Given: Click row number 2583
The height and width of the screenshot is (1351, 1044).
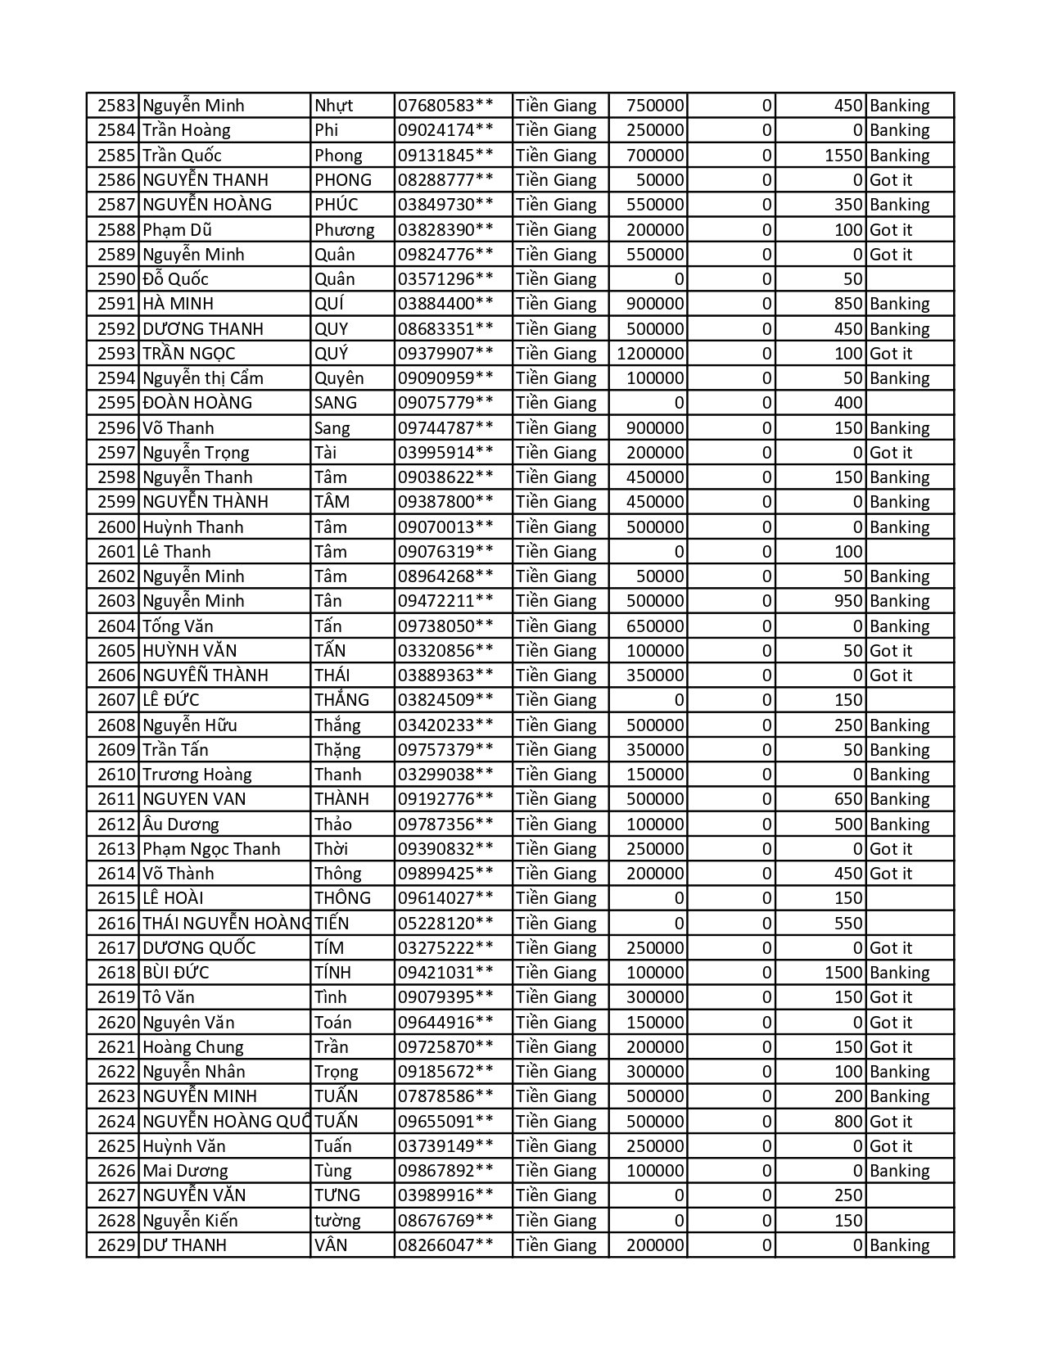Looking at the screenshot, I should tap(115, 106).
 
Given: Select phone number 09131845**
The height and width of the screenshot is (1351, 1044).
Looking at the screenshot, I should tap(445, 156).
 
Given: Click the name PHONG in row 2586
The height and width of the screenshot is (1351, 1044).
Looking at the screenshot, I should tap(342, 180).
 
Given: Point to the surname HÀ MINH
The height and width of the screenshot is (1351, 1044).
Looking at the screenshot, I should tap(178, 304).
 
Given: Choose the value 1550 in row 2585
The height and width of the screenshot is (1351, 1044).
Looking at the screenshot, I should tap(843, 156).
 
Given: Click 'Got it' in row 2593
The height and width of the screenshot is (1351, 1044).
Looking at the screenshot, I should tap(890, 354).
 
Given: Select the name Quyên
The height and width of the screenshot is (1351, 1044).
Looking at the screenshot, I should tap(339, 378).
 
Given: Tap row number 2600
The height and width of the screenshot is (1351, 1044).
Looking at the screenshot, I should tap(115, 527).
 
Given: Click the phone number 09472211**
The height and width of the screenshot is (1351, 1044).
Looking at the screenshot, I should tap(445, 601).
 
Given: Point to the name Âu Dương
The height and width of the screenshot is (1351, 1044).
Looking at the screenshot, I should tap(181, 825).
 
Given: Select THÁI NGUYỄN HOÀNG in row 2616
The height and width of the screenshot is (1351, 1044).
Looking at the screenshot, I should tap(226, 924).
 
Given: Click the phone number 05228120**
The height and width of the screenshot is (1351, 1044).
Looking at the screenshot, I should tap(445, 924).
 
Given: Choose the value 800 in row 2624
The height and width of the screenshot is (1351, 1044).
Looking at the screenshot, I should tap(848, 1122).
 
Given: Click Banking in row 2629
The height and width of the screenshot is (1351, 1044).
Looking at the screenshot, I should tap(899, 1245).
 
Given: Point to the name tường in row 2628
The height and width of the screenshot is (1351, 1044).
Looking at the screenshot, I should tap(337, 1221).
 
